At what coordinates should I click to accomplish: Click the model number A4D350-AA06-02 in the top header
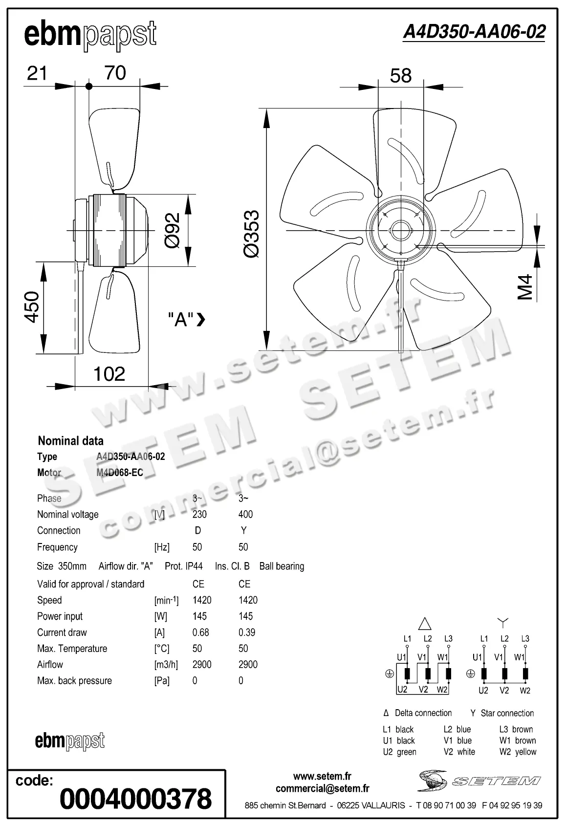coord(474,32)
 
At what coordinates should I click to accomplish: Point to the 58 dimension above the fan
coord(400,76)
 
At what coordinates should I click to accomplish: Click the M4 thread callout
coord(525,287)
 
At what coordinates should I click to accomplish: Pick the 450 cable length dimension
coord(32,306)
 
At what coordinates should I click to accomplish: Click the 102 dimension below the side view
coord(109,374)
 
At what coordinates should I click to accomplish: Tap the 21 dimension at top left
coord(37,73)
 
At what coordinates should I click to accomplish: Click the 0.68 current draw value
coord(200,632)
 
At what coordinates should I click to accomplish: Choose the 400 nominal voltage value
coord(245,514)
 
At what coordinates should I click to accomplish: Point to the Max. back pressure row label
coord(74,681)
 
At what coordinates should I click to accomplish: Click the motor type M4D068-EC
coord(120,473)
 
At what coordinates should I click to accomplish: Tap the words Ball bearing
coord(282,566)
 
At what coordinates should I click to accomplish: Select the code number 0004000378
coord(135,799)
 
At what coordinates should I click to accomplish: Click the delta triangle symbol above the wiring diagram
coord(425,623)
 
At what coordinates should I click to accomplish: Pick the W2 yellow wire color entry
coord(518,752)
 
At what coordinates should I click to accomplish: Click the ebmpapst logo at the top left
coord(90,35)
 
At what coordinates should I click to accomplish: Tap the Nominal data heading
coord(71,441)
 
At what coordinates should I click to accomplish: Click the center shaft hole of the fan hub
coord(400,230)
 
